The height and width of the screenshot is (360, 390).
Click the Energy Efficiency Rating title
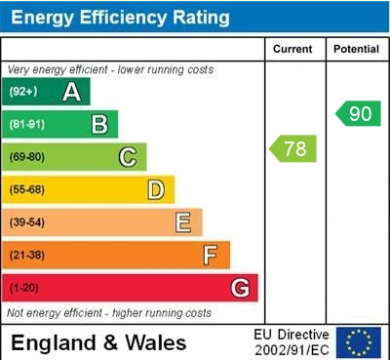tap(119, 17)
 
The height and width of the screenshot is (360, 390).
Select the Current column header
tap(292, 49)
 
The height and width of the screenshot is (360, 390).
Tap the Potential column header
tap(356, 49)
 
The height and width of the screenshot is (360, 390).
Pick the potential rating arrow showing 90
tap(357, 113)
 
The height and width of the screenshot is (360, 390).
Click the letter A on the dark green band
tap(71, 93)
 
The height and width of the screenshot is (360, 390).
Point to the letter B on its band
tap(99, 124)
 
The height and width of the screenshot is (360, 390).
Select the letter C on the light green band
tap(128, 157)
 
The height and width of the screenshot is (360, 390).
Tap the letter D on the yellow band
tap(155, 189)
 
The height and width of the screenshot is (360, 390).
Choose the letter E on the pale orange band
tap(183, 222)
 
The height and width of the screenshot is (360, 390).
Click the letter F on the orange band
tap(211, 256)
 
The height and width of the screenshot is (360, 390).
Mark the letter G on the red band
tap(239, 288)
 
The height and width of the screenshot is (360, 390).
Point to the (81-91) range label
tap(26, 125)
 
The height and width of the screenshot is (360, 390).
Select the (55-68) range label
tap(26, 190)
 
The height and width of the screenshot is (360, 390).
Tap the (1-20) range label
tap(24, 289)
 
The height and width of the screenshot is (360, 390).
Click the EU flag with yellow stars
tap(359, 342)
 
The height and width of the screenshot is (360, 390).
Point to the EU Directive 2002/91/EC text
tap(292, 342)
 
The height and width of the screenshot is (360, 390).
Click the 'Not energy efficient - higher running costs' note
tap(109, 313)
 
